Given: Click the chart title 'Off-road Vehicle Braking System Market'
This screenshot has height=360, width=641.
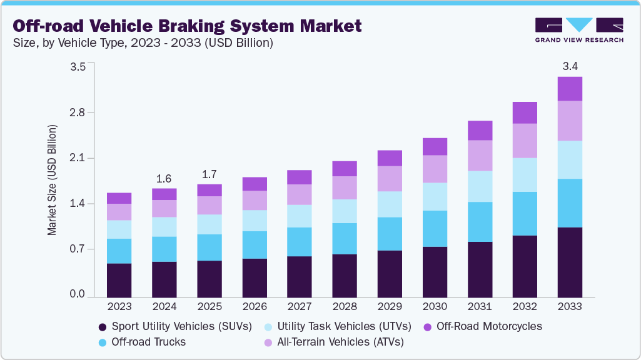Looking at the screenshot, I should [x=187, y=26].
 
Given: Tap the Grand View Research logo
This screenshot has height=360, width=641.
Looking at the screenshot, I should [x=578, y=29].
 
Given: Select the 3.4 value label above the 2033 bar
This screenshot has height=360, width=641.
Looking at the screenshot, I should [x=570, y=66].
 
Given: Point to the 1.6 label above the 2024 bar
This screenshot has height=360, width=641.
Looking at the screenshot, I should [x=164, y=178].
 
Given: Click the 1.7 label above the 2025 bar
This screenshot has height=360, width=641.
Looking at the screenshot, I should [x=209, y=173].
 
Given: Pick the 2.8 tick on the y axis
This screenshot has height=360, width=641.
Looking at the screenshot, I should [x=77, y=112].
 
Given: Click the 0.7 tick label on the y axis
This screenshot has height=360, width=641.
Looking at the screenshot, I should [x=77, y=249].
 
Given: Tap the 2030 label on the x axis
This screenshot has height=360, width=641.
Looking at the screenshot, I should [x=435, y=307].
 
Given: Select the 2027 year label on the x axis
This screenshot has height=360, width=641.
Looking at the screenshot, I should [x=300, y=307].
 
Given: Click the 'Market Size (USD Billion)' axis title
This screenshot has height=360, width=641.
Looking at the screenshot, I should [x=52, y=180].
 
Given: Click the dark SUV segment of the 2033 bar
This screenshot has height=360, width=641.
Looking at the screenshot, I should [x=570, y=262].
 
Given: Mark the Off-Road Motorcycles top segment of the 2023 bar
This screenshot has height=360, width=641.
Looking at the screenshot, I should [x=119, y=198].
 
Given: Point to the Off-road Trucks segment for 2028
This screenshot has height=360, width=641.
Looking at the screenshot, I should [x=345, y=239].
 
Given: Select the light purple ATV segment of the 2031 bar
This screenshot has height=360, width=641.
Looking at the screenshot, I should [x=480, y=156].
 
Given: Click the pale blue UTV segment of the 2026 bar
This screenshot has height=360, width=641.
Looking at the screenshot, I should [x=255, y=221].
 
